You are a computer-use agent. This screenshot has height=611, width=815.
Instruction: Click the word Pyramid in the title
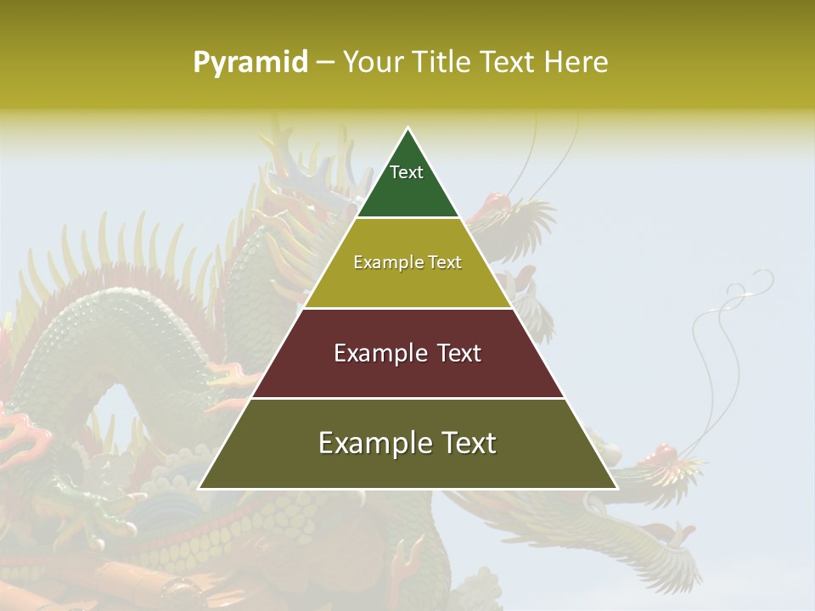(x=250, y=63)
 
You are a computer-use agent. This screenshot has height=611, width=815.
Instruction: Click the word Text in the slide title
(x=509, y=62)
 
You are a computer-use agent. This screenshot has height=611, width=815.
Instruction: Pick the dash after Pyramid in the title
(x=325, y=63)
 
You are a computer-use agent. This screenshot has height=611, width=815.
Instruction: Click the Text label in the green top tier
(x=407, y=172)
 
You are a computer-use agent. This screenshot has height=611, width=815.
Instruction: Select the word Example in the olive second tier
(x=384, y=262)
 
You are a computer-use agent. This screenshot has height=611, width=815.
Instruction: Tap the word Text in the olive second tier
(x=443, y=262)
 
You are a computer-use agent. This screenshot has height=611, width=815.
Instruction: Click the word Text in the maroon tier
(x=457, y=353)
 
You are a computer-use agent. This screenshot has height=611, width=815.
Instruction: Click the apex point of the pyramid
(x=408, y=128)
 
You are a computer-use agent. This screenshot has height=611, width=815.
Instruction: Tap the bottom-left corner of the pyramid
(x=200, y=489)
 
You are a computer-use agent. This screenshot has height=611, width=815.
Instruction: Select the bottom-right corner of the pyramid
(x=617, y=489)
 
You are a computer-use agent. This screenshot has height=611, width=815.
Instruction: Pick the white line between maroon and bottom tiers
(x=407, y=398)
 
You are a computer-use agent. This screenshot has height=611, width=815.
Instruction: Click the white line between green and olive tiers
(x=407, y=218)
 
